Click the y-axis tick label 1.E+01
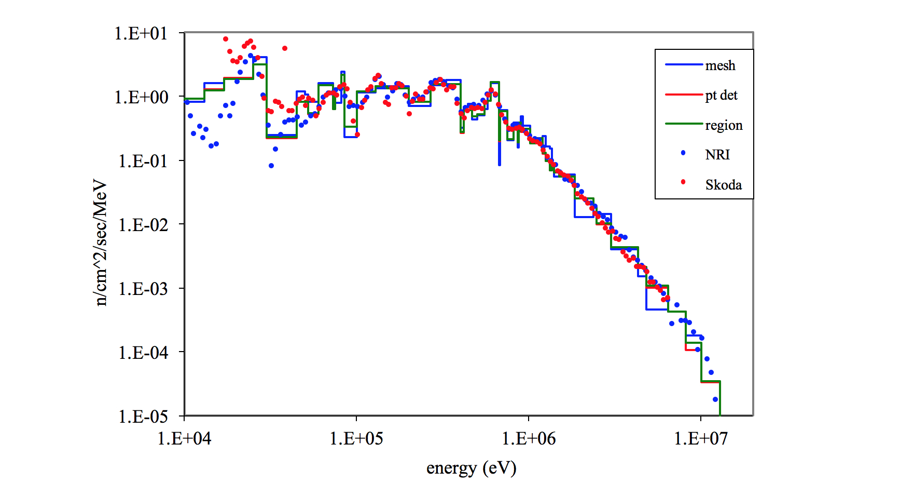click(x=141, y=34)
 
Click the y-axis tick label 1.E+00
click(x=141, y=97)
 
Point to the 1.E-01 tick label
click(x=143, y=161)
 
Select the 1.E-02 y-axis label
click(x=143, y=225)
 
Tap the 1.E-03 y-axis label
click(x=143, y=289)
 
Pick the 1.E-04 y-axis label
click(x=143, y=353)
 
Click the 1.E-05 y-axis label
click(x=143, y=416)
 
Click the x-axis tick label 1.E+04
click(x=184, y=439)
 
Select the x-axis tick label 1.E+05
click(x=356, y=439)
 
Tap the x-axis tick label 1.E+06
click(x=529, y=439)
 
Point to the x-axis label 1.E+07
click(x=701, y=439)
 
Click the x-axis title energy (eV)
click(x=471, y=468)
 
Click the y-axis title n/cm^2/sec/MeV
click(x=100, y=243)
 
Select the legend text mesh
click(x=720, y=65)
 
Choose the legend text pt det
click(x=721, y=95)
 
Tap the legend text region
click(x=724, y=125)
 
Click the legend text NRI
click(x=717, y=155)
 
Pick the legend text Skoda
click(x=723, y=185)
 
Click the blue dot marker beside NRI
click(x=683, y=153)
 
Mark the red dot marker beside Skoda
click(x=683, y=182)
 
